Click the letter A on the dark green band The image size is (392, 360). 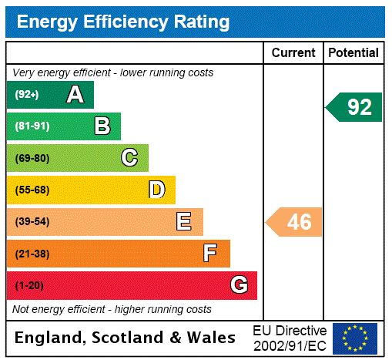coord(75,95)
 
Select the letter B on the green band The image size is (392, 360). coord(102,126)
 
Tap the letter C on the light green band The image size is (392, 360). coord(129,158)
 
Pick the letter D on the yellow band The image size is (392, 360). coord(157,190)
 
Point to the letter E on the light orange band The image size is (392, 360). coord(184,222)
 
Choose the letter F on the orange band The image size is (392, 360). coord(210,254)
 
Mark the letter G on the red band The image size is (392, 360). coord(239,285)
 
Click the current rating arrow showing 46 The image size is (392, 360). coord(295,222)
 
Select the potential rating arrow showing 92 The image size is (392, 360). coord(354,107)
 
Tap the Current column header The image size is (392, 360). coord(293,53)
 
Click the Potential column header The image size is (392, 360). coord(353,53)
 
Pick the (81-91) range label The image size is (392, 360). coord(32,126)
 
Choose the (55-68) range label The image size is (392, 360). coord(32,190)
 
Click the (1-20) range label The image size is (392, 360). coord(29,286)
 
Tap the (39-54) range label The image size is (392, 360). coord(32,222)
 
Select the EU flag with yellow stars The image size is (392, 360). coord(355,338)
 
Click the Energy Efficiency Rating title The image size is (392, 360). coord(123,22)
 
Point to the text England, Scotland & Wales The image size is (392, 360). coord(126,338)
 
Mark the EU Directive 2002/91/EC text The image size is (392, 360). coord(290,338)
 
